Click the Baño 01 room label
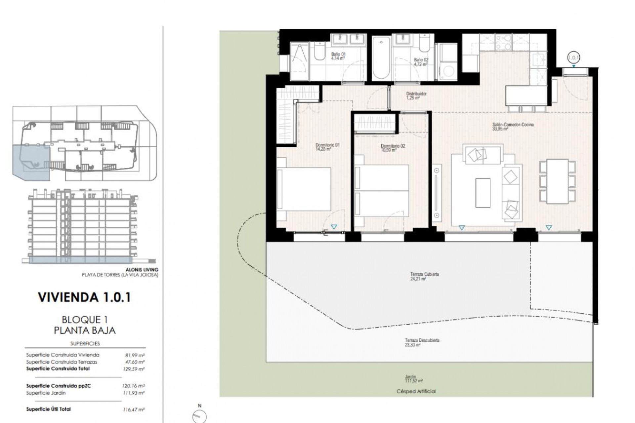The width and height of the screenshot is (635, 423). pyautogui.click(x=338, y=56)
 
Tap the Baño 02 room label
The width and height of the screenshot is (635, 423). pyautogui.click(x=421, y=62)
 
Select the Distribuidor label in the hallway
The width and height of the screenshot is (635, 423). pyautogui.click(x=416, y=96)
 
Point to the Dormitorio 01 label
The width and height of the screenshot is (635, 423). pyautogui.click(x=327, y=147)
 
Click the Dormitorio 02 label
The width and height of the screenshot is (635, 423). pyautogui.click(x=393, y=148)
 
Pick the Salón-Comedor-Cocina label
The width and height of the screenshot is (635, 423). pyautogui.click(x=513, y=127)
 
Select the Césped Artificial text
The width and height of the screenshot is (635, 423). pyautogui.click(x=416, y=391)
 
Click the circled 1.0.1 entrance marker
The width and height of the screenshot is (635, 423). pyautogui.click(x=573, y=58)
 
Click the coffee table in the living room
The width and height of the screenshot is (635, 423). pyautogui.click(x=483, y=193)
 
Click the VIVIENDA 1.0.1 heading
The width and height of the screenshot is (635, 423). pyautogui.click(x=85, y=297)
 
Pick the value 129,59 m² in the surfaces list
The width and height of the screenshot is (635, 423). pyautogui.click(x=133, y=369)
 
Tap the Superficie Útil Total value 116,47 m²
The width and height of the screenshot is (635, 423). pyautogui.click(x=133, y=409)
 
